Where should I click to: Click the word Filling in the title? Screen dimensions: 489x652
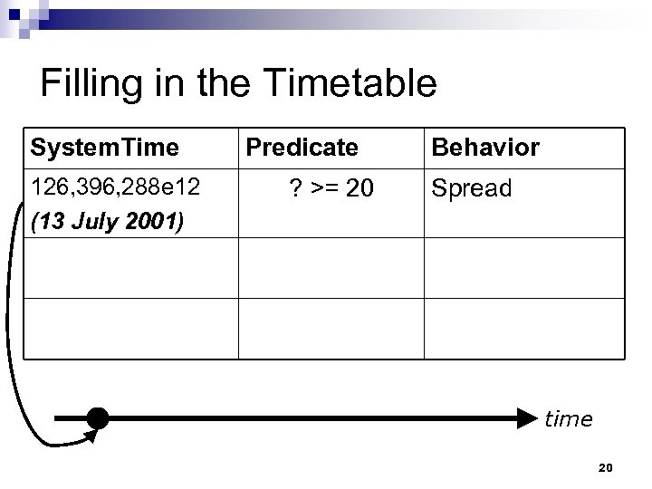pyautogui.click(x=84, y=84)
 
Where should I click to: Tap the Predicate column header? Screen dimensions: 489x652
pyautogui.click(x=302, y=147)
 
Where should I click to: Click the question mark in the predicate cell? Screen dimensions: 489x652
pyautogui.click(x=295, y=188)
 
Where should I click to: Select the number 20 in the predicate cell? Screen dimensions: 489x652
pyautogui.click(x=359, y=188)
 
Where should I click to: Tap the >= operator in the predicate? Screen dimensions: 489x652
pyautogui.click(x=325, y=188)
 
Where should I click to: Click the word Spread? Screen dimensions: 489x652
pyautogui.click(x=471, y=188)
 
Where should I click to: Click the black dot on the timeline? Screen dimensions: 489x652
pyautogui.click(x=98, y=418)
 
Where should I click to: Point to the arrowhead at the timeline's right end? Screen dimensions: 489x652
pyautogui.click(x=530, y=418)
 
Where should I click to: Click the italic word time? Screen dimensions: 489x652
pyautogui.click(x=568, y=418)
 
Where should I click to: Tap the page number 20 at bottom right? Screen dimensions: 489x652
pyautogui.click(x=607, y=467)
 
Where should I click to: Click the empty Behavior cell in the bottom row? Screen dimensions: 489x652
pyautogui.click(x=523, y=328)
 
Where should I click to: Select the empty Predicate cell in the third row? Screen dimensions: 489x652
pyautogui.click(x=331, y=267)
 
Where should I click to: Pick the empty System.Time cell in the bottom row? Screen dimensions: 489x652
pyautogui.click(x=130, y=328)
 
